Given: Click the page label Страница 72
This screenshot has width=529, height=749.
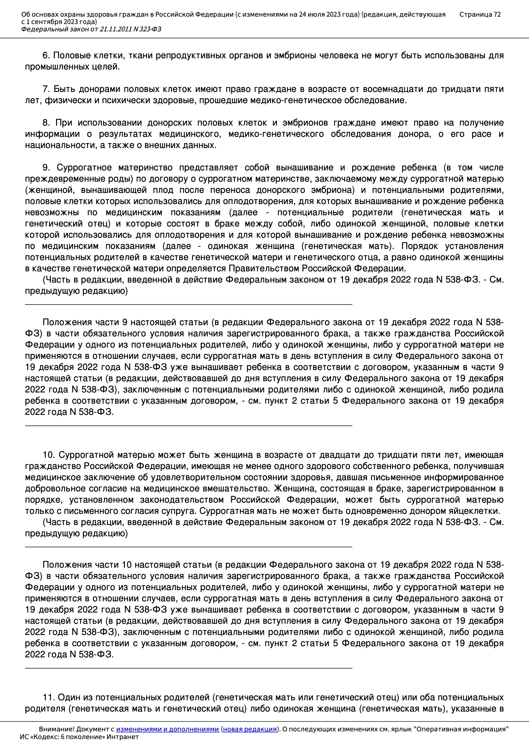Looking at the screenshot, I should (480, 14).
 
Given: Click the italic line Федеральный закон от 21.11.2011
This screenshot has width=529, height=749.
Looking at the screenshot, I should (91, 29).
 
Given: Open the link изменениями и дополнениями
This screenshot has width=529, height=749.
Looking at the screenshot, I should (167, 729).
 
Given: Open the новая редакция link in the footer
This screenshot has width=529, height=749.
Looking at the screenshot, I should (249, 729).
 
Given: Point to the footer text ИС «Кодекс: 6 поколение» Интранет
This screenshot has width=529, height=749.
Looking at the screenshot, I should (79, 737).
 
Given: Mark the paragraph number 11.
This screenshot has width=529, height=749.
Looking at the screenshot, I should (48, 697).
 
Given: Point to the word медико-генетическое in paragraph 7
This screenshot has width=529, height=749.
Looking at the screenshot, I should (285, 101).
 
